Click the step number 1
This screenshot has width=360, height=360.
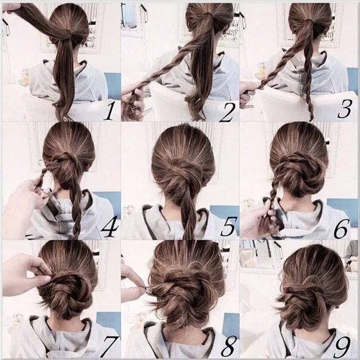tap(108, 110)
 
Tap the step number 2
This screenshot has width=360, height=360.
tap(226, 110)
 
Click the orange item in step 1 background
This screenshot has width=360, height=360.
tap(26, 78)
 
